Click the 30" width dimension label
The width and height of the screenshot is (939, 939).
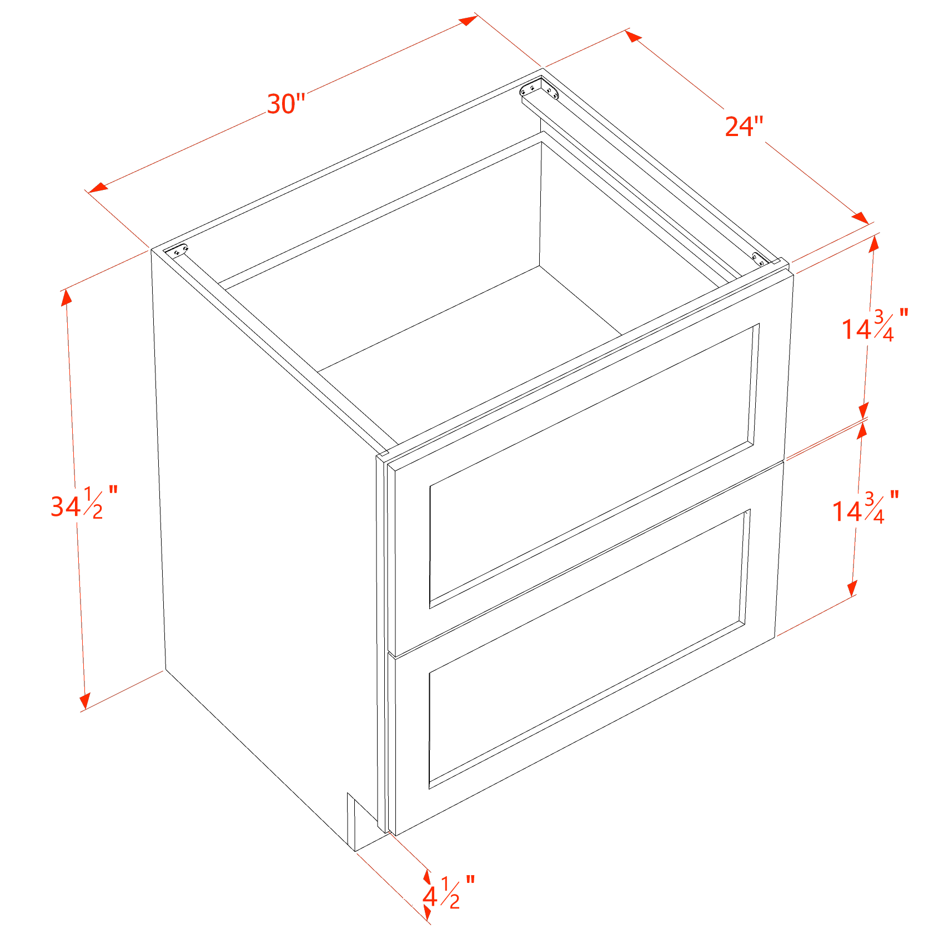pos(286,104)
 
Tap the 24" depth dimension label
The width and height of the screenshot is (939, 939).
pos(745,127)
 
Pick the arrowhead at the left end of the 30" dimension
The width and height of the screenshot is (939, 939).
pos(98,188)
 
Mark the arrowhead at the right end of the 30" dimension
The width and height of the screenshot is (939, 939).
pos(468,21)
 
